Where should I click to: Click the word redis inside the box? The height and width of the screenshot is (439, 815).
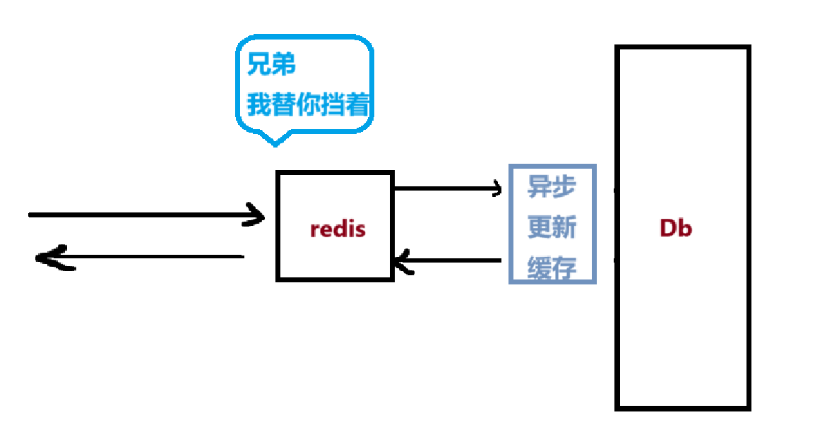point(338,229)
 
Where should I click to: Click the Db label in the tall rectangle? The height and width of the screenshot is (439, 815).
point(675,228)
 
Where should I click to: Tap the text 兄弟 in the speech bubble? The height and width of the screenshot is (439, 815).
point(271,66)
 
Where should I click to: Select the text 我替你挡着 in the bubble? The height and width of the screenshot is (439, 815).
point(308,105)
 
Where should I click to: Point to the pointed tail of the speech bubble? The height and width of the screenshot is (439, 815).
point(275,142)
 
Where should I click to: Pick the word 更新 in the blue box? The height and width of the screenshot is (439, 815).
point(552,227)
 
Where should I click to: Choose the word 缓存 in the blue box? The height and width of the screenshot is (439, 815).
point(552,267)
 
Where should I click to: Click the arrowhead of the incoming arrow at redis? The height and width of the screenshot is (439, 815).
point(256,215)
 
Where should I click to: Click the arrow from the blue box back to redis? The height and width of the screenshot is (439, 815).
point(448,261)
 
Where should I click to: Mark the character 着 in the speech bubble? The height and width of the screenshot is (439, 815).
point(359,105)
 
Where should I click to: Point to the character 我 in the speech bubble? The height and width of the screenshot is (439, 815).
point(258,105)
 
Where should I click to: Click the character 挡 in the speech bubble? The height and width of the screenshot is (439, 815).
point(333,105)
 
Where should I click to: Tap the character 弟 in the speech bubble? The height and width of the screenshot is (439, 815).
point(284,66)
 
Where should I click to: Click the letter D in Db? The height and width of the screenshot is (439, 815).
point(668,228)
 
